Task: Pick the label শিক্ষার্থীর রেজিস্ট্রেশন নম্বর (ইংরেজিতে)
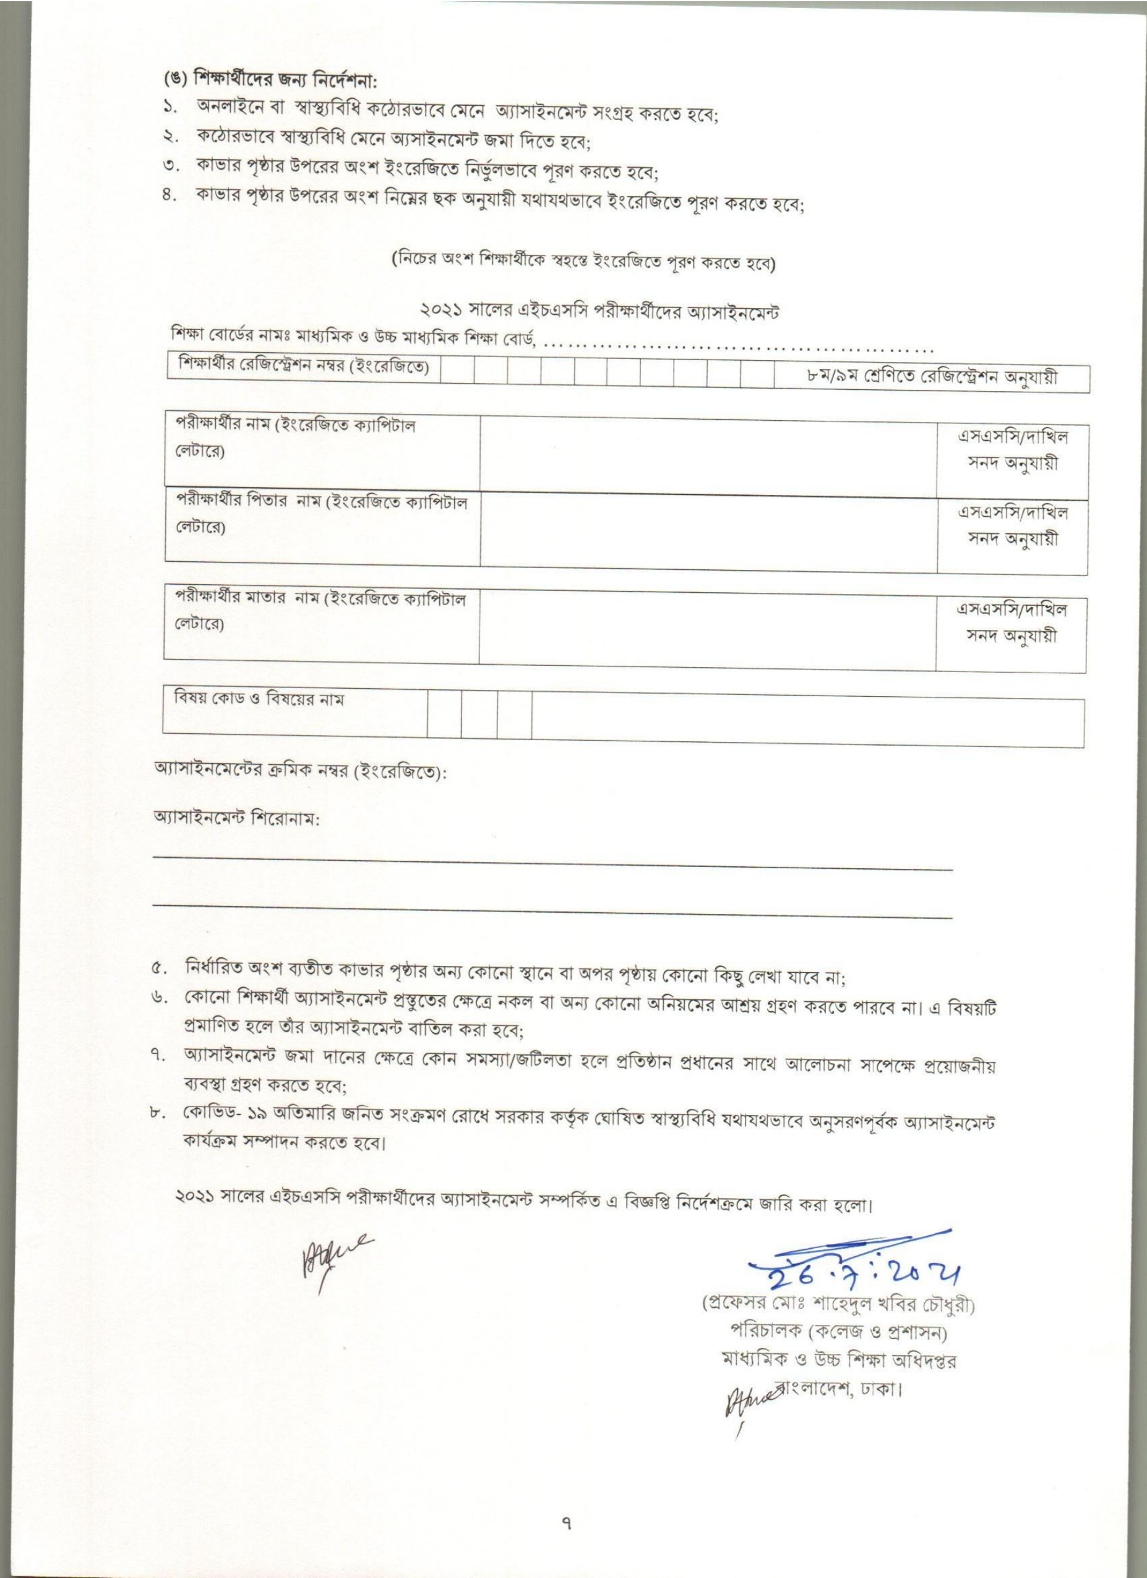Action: [x=304, y=365]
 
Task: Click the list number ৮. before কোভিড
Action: [x=159, y=1119]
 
